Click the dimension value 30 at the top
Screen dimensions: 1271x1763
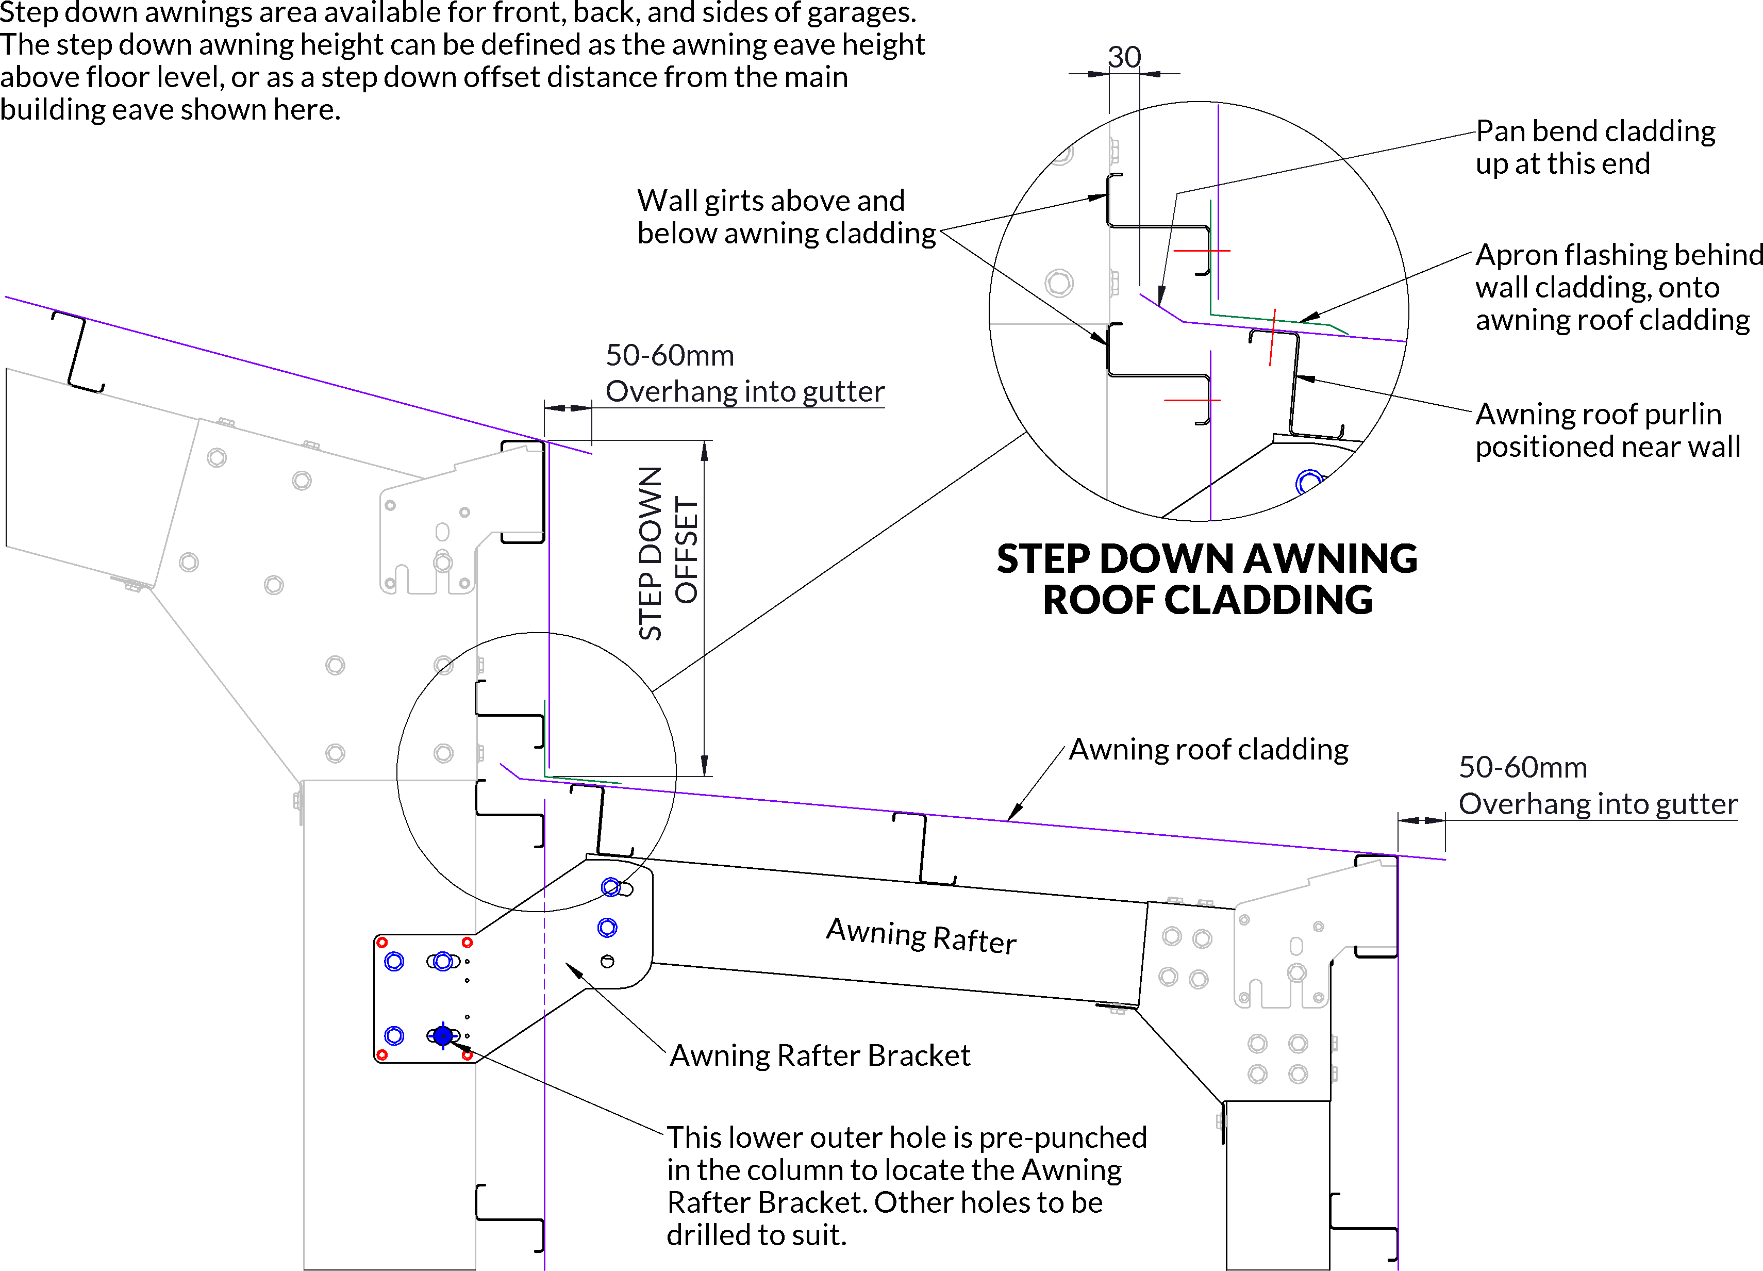coord(1124,57)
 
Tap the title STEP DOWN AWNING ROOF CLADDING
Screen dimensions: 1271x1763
coord(1207,579)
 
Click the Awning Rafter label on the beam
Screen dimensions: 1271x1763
coord(921,935)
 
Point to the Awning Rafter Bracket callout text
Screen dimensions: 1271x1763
coord(820,1055)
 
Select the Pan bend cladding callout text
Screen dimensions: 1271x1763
coord(1595,147)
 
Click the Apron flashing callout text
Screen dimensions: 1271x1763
coord(1617,287)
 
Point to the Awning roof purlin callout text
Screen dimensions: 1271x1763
coord(1607,430)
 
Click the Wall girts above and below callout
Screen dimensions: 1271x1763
coord(786,217)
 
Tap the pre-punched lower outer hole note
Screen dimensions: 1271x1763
coord(906,1185)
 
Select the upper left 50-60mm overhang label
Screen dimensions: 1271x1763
coord(745,373)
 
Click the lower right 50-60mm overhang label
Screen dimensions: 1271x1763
coord(1598,785)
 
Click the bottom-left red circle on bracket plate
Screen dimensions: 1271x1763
coord(381,1055)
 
